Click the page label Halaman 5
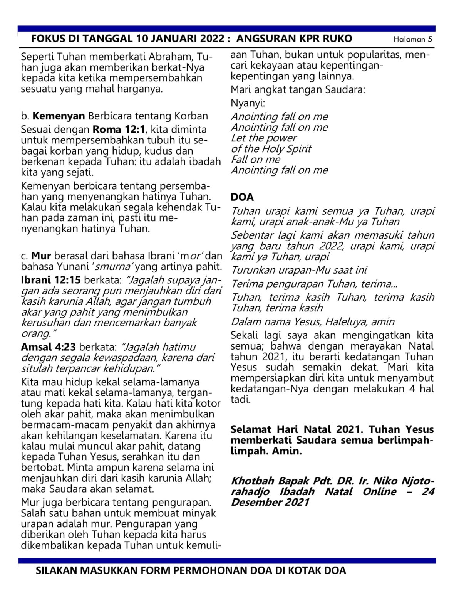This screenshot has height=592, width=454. (413, 39)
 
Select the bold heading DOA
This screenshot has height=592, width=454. (242, 197)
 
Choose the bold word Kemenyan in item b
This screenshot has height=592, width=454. (59, 116)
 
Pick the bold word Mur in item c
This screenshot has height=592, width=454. (41, 256)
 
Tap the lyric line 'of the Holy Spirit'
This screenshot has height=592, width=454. (271, 149)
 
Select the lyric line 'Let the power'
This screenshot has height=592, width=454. (264, 138)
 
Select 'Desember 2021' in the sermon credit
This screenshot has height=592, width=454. (270, 503)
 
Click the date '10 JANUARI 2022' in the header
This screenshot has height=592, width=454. (180, 39)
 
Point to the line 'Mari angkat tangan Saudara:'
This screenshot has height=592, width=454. (298, 90)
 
